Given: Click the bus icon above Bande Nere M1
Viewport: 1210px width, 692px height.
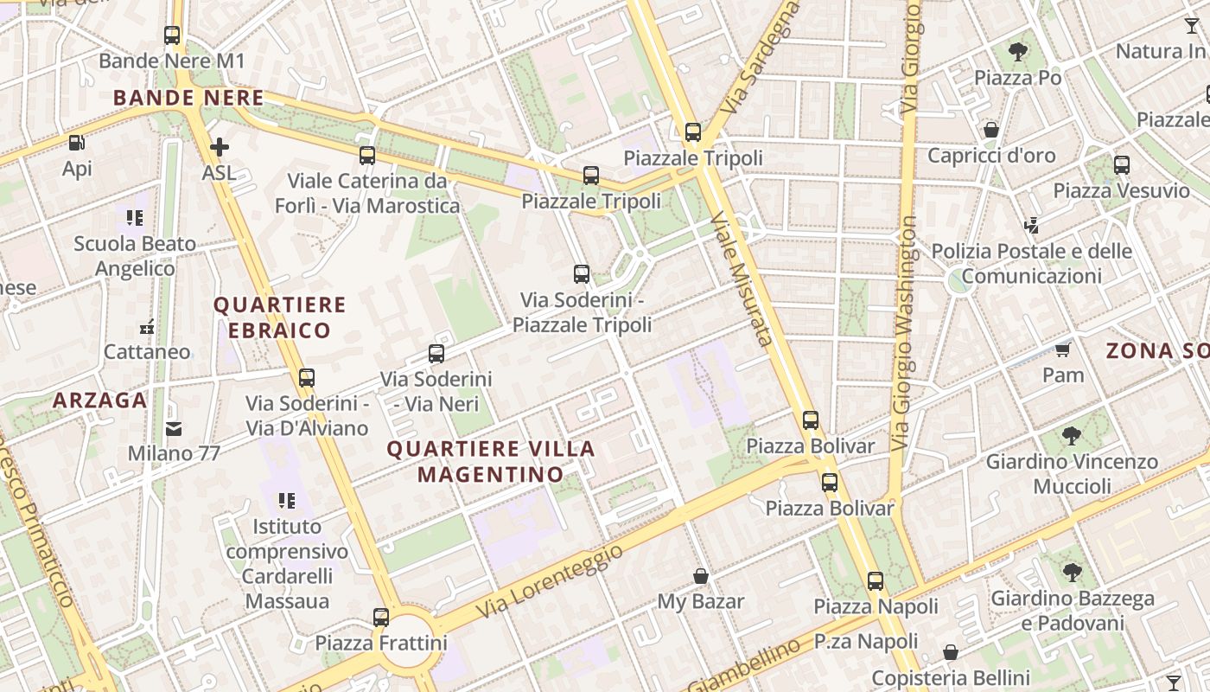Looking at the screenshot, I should [x=172, y=35].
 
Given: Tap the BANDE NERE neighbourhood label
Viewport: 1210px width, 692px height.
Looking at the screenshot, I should [x=188, y=98].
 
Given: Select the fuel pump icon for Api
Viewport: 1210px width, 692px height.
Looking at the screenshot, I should [x=77, y=143].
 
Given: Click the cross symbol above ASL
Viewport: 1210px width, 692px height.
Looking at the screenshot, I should [x=220, y=147].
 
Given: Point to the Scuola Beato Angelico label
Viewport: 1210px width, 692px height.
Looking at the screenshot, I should [x=135, y=256].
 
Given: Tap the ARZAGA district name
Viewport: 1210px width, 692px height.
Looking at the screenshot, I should [x=99, y=400].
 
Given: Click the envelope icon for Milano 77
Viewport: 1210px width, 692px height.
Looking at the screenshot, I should [x=174, y=428].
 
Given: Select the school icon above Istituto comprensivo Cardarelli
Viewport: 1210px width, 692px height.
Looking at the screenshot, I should [x=287, y=500].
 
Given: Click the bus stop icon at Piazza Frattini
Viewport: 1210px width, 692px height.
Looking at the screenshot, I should [x=381, y=618].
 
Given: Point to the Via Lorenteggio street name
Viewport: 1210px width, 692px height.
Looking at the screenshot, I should [x=550, y=580].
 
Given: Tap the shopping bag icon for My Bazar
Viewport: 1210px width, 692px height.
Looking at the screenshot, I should [x=701, y=576].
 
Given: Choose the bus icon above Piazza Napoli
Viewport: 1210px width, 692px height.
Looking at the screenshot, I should [x=876, y=581].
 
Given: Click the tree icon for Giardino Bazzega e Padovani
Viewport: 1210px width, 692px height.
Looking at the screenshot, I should [x=1072, y=573].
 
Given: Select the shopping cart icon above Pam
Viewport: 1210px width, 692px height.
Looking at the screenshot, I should [x=1062, y=349].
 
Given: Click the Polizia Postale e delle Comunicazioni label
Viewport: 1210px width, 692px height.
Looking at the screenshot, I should [x=1031, y=264].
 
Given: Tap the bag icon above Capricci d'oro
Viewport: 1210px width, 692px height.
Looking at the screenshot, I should [x=991, y=131].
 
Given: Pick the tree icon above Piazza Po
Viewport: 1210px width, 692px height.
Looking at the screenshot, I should [x=1018, y=52].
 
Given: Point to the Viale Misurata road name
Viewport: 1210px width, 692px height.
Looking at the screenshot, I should [x=742, y=280].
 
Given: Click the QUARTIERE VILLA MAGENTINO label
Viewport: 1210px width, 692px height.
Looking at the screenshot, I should [x=491, y=461].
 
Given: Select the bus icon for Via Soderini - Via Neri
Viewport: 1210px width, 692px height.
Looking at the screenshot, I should [x=436, y=354].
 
